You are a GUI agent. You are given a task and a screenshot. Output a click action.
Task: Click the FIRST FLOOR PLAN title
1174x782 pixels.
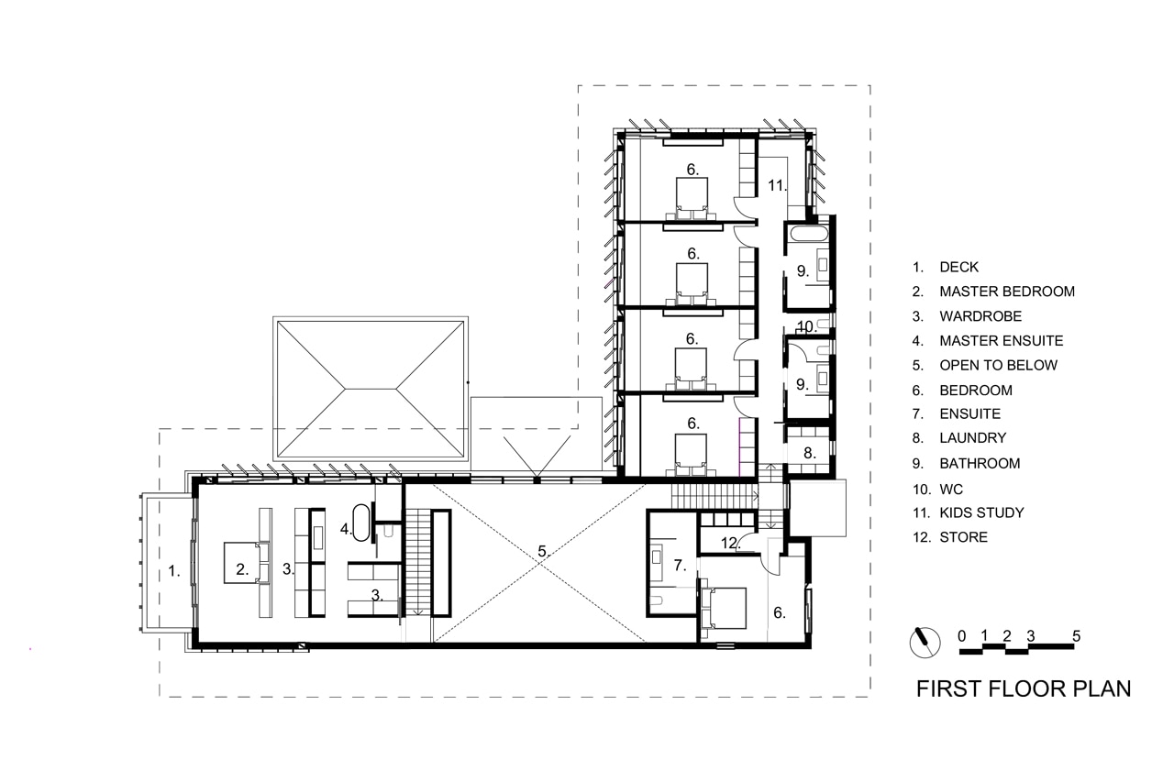pyautogui.click(x=1023, y=688)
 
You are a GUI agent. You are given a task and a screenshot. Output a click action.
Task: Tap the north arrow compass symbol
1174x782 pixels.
pyautogui.click(x=925, y=642)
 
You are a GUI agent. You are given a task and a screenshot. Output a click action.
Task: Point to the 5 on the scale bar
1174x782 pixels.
pyautogui.click(x=1076, y=636)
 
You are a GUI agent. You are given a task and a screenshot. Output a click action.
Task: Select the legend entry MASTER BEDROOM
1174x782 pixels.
pyautogui.click(x=1007, y=292)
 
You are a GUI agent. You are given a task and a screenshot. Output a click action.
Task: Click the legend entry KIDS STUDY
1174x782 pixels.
pyautogui.click(x=981, y=512)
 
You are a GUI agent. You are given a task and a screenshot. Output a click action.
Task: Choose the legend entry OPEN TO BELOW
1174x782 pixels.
pyautogui.click(x=999, y=365)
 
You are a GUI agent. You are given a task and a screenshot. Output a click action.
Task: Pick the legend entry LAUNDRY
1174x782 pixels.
pyautogui.click(x=973, y=438)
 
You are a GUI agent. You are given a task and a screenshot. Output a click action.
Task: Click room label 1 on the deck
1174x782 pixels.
pyautogui.click(x=174, y=571)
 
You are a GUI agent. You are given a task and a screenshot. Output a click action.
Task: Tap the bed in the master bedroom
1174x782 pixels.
pyautogui.click(x=247, y=563)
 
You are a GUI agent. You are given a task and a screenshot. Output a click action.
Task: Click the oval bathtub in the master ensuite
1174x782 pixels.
pyautogui.click(x=361, y=523)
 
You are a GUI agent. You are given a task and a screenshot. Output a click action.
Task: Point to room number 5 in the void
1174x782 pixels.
pyautogui.click(x=543, y=551)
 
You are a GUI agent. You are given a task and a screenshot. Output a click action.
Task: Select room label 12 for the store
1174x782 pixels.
pyautogui.click(x=729, y=543)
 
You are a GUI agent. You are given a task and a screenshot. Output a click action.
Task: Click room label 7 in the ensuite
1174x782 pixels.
pyautogui.click(x=680, y=565)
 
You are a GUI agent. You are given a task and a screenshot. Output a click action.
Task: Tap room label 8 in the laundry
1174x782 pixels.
pyautogui.click(x=810, y=453)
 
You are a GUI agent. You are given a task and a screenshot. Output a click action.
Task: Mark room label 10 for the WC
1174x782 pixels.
pyautogui.click(x=807, y=327)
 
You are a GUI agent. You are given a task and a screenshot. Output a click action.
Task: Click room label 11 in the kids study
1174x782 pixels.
pyautogui.click(x=777, y=185)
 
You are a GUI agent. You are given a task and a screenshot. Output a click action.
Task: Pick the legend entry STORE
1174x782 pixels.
pyautogui.click(x=963, y=537)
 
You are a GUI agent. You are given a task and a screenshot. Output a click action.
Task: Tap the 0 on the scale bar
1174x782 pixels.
pyautogui.click(x=962, y=636)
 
